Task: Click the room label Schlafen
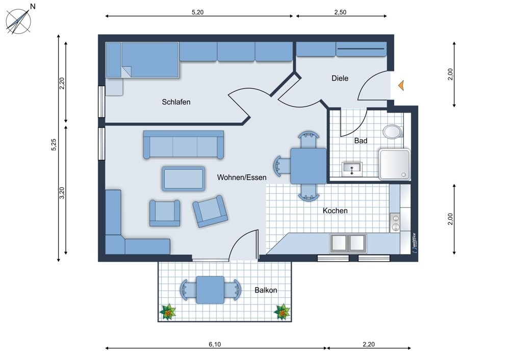click(x=176, y=102)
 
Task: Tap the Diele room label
click(x=340, y=78)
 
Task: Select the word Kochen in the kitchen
click(x=335, y=211)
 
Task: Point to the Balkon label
click(x=266, y=290)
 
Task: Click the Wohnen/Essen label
click(x=242, y=177)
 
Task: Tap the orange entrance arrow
click(x=401, y=85)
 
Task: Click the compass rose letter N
click(x=33, y=6)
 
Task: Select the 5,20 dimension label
click(x=197, y=12)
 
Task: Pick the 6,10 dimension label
click(x=215, y=344)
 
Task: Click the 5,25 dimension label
click(x=54, y=144)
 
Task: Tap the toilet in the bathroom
click(x=393, y=132)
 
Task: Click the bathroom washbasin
click(x=352, y=169)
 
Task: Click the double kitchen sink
click(x=348, y=243)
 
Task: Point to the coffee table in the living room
click(x=184, y=178)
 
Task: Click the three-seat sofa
click(x=184, y=145)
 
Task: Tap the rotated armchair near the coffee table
click(x=210, y=212)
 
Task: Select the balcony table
click(x=211, y=290)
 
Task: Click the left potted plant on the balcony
click(x=168, y=312)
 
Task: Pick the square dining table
click(x=309, y=166)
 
